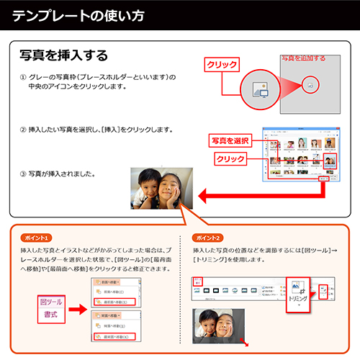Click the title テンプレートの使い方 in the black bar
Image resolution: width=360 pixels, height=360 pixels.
(78, 15)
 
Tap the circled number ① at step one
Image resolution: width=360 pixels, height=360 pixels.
(23, 76)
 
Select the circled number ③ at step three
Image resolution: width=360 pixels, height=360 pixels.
(23, 174)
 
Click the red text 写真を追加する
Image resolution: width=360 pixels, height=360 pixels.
(302, 58)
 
